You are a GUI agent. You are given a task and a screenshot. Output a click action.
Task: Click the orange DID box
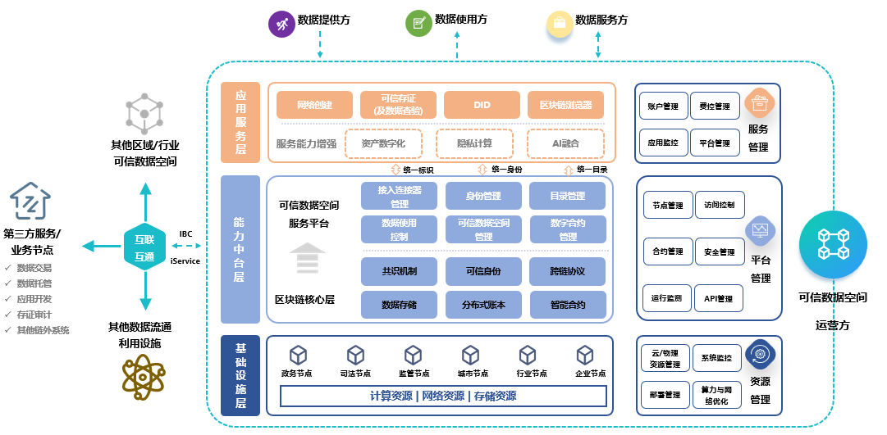pyautogui.click(x=482, y=105)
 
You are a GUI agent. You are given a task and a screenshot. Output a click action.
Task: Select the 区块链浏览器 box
pyautogui.click(x=565, y=105)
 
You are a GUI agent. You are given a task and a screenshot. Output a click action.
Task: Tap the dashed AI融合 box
pyautogui.click(x=565, y=143)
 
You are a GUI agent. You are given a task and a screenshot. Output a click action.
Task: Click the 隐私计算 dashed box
pyautogui.click(x=474, y=143)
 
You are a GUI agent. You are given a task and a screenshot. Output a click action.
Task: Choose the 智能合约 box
pyautogui.click(x=568, y=306)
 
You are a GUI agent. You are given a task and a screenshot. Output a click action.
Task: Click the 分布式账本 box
pyautogui.click(x=484, y=306)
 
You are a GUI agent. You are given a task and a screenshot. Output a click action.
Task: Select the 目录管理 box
pyautogui.click(x=568, y=197)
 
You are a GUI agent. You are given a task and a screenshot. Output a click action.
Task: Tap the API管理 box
pyautogui.click(x=718, y=299)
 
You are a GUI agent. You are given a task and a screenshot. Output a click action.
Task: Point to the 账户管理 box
pyautogui.click(x=663, y=106)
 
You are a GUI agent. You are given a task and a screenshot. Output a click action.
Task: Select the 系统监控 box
pyautogui.click(x=716, y=358)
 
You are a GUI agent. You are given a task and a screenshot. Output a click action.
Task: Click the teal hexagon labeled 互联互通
pyautogui.click(x=144, y=247)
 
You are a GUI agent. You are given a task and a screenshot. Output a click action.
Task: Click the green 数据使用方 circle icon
pyautogui.click(x=418, y=24)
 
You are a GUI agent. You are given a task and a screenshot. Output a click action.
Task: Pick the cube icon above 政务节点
pyautogui.click(x=298, y=355)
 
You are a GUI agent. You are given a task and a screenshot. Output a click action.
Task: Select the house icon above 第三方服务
pyautogui.click(x=30, y=202)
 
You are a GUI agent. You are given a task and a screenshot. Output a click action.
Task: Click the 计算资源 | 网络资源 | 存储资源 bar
pyautogui.click(x=443, y=396)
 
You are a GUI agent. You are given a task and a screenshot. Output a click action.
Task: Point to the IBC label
pyautogui.click(x=185, y=233)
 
